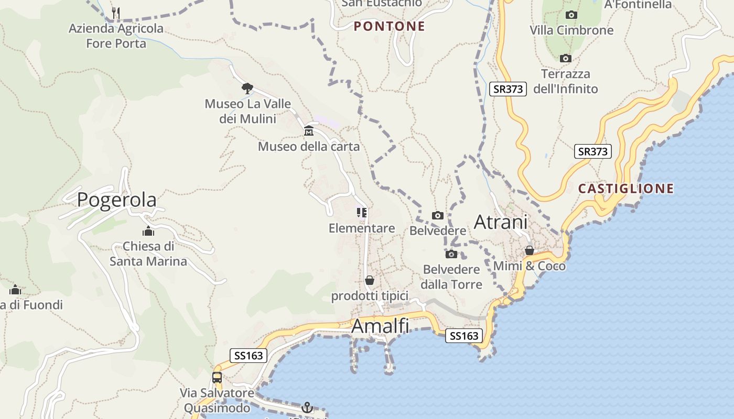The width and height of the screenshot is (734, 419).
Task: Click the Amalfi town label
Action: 380,326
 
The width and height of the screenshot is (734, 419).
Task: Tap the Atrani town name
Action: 501,222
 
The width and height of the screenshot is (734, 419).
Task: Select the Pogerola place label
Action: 116,200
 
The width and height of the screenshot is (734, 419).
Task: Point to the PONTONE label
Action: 389,26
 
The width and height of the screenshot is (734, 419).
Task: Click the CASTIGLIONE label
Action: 626,189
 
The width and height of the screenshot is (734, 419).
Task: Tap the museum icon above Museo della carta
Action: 309,130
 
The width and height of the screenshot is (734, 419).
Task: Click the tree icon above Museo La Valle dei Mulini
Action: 247,87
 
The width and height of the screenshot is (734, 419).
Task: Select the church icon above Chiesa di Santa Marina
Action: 148,230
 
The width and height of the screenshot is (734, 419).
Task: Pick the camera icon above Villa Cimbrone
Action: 571,15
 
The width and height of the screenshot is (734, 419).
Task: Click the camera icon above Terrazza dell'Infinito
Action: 565,58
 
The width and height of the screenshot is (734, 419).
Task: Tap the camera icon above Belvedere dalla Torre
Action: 451,254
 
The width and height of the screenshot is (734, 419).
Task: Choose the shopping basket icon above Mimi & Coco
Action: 530,250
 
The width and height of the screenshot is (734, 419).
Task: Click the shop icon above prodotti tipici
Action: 370,280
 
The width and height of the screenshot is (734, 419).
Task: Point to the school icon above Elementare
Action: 362,212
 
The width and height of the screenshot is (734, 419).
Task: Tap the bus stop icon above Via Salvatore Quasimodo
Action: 217,377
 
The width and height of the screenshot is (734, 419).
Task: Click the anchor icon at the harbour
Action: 307,407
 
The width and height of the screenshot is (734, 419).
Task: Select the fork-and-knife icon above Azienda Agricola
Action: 116,13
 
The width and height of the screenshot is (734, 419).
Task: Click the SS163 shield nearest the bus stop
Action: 249,356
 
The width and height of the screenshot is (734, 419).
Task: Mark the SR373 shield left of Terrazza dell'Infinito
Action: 508,89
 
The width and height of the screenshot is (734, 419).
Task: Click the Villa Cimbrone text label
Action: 571,30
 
